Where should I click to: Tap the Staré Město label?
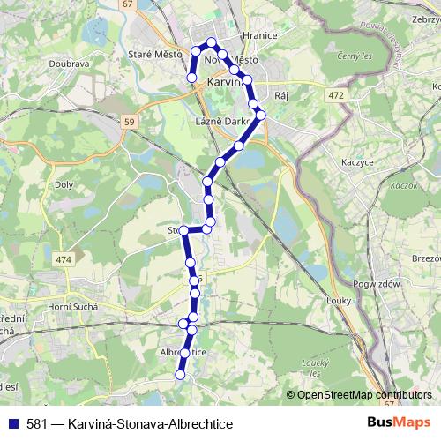coord(155,55)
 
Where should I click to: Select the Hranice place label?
coord(260,36)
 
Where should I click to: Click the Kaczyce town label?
coord(359,162)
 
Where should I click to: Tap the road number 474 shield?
coord(64,259)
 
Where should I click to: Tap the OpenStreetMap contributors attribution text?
coord(364,395)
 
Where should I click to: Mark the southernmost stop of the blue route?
coord(180,374)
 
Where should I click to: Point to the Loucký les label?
coord(314,367)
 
